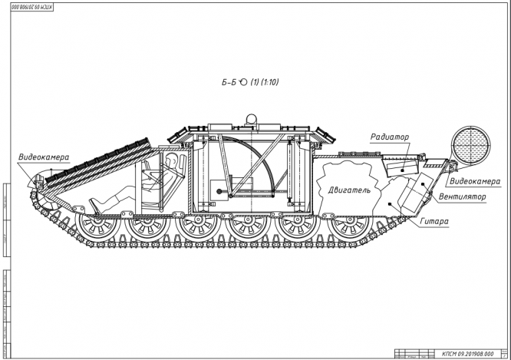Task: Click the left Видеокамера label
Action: [44, 157]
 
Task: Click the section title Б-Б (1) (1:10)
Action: [250, 81]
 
